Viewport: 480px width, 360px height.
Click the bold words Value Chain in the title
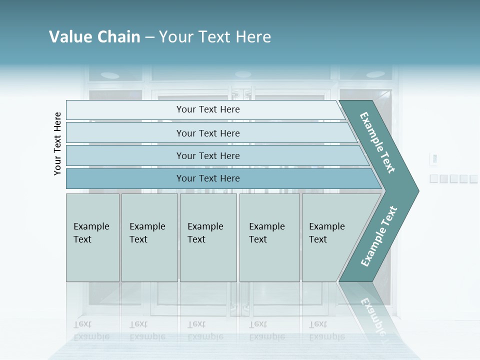[94, 37]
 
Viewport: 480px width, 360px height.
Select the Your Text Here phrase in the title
[215, 37]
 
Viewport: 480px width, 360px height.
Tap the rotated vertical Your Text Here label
[57, 143]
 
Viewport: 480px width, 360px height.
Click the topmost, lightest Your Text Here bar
[207, 109]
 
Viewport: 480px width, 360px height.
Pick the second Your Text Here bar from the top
[207, 133]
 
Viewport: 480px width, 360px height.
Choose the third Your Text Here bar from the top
[207, 155]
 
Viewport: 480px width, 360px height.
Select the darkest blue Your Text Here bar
[207, 178]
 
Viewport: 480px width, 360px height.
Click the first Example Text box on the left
[92, 237]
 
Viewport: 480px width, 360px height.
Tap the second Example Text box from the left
[149, 237]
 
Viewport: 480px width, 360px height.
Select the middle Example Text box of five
[208, 237]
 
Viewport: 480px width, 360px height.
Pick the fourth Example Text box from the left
[269, 237]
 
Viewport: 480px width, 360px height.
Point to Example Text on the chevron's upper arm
[377, 142]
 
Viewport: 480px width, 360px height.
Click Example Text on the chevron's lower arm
[378, 236]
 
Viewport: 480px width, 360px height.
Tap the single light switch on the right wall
[434, 159]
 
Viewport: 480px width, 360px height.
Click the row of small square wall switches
[453, 178]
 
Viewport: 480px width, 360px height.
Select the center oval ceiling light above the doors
[242, 74]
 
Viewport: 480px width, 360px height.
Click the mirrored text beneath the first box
[91, 330]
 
